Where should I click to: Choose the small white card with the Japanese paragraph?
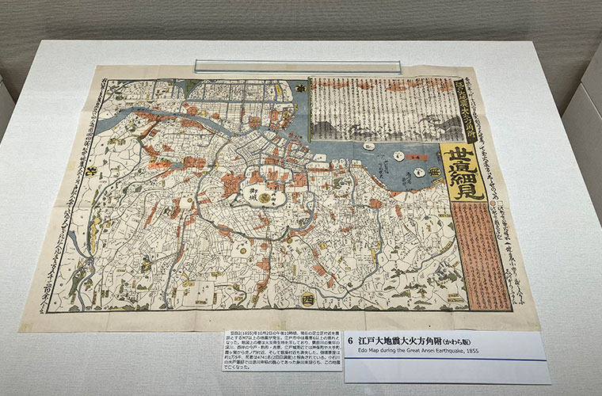coord(281,349)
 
